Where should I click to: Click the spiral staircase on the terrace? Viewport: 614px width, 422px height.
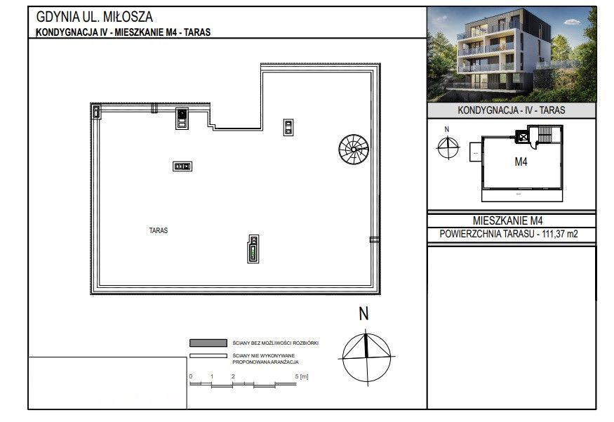(x=354, y=150)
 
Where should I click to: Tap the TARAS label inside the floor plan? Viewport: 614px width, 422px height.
(x=159, y=230)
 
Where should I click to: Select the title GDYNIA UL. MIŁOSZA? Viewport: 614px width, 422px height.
(x=94, y=17)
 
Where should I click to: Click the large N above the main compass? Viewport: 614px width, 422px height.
(x=363, y=314)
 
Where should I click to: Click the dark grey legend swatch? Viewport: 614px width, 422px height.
(x=208, y=343)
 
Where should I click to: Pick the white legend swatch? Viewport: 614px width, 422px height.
(x=208, y=356)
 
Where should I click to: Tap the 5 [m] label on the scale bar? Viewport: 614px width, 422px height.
(x=302, y=376)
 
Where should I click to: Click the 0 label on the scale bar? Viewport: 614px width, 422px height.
(x=191, y=376)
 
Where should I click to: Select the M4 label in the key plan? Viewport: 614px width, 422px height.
(x=521, y=161)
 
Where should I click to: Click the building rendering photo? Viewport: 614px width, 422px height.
(x=512, y=55)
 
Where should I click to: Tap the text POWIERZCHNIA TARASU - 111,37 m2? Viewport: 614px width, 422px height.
(x=508, y=234)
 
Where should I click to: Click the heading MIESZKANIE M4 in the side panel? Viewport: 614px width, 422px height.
(x=507, y=220)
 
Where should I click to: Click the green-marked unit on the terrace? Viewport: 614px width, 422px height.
(x=253, y=249)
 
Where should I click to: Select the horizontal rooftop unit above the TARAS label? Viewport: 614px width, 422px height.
(x=182, y=166)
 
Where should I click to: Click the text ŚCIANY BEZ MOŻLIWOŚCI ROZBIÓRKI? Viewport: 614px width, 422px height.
(x=276, y=343)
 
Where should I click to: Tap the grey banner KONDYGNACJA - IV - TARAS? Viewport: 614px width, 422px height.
(x=512, y=110)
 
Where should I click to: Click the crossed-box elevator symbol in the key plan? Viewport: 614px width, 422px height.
(x=523, y=137)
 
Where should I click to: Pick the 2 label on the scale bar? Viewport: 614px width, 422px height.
(x=233, y=376)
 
